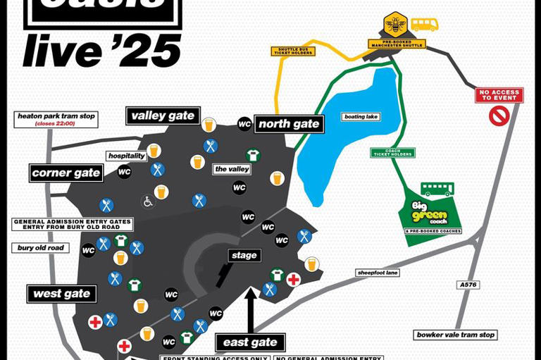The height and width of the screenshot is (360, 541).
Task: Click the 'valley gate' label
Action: pos(163,116)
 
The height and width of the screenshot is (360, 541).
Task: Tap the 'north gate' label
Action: pos(289,124)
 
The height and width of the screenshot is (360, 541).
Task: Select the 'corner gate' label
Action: pos(66,173)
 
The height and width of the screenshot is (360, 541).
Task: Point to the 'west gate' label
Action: pos(62,293)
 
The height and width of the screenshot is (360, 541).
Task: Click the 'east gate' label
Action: pos(250,343)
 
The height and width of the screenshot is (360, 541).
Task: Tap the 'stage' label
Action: pos(244,255)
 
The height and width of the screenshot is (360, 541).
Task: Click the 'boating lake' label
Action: pos(361,117)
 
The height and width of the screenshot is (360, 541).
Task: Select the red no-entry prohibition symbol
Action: pos(499,116)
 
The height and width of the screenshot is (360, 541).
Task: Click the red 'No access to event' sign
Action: pos(499,95)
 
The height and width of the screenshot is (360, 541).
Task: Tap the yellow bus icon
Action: pos(424,25)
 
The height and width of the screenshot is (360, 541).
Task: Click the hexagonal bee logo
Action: pos(395,24)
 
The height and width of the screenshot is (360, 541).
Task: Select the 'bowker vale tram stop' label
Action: pos(456,335)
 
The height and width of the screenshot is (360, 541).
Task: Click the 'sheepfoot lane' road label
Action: pos(378,273)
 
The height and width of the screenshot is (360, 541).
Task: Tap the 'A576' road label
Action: pos(468,285)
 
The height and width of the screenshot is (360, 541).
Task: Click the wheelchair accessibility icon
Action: pos(148,201)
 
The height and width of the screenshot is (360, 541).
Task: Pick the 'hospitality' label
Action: pos(127,156)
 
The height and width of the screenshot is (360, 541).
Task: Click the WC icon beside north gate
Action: pos(244,123)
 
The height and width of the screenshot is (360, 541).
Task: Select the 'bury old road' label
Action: pos(41,248)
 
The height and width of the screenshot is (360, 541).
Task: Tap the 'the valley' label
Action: pos(232,169)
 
